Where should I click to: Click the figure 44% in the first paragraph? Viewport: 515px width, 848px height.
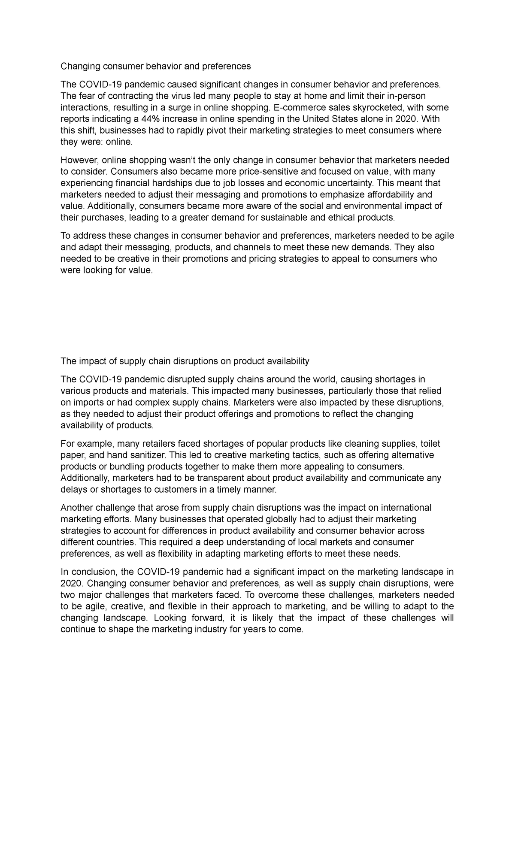coord(150,119)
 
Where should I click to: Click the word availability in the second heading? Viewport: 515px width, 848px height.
coord(288,361)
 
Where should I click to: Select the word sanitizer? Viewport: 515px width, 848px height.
coord(150,455)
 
